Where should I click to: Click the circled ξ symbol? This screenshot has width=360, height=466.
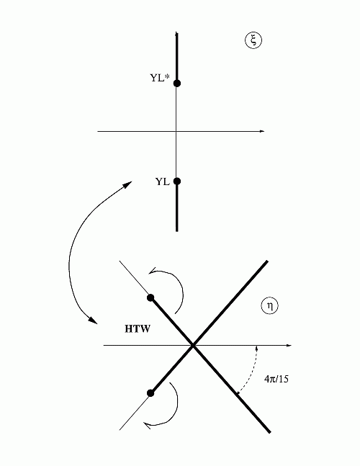[253, 40]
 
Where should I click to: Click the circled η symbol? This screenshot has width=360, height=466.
[270, 306]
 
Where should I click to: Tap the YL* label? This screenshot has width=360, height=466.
[160, 78]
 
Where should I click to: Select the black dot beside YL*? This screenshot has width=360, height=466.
[176, 83]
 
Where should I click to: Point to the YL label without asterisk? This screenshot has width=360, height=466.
[163, 182]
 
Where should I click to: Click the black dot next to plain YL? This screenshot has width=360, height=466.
[176, 181]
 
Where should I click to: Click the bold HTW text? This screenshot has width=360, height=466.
[138, 329]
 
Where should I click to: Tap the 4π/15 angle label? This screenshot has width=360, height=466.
[276, 379]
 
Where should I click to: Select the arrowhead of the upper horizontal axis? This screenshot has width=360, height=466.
[262, 131]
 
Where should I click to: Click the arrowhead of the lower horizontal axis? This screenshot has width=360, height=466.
[289, 345]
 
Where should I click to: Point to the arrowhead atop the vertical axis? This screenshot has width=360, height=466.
[176, 33]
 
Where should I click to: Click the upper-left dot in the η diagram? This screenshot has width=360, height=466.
[150, 297]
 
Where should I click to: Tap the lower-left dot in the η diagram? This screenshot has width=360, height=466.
[150, 393]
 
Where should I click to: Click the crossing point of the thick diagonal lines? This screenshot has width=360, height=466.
[193, 345]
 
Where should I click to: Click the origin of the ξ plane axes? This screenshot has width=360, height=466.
[176, 131]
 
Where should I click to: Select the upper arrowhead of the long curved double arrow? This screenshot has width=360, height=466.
[128, 184]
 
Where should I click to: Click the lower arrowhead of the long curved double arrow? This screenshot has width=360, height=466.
[94, 321]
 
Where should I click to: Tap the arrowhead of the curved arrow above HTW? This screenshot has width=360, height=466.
[152, 271]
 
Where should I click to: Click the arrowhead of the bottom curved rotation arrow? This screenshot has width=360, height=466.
[147, 425]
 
